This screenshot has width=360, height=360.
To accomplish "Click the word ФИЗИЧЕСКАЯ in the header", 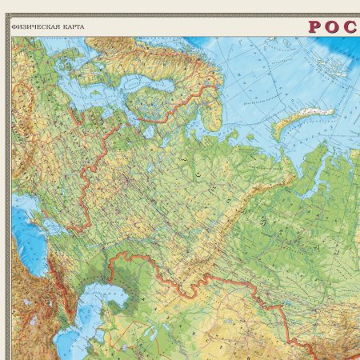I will pyautogui.click(x=34, y=26).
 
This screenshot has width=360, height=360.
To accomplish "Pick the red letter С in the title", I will pyautogui.click(x=351, y=26).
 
